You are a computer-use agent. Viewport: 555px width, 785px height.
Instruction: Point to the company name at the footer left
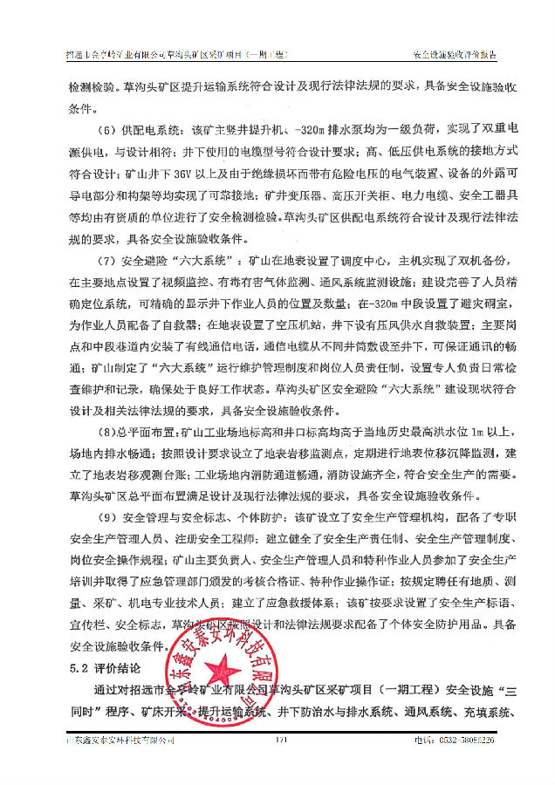(119, 740)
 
